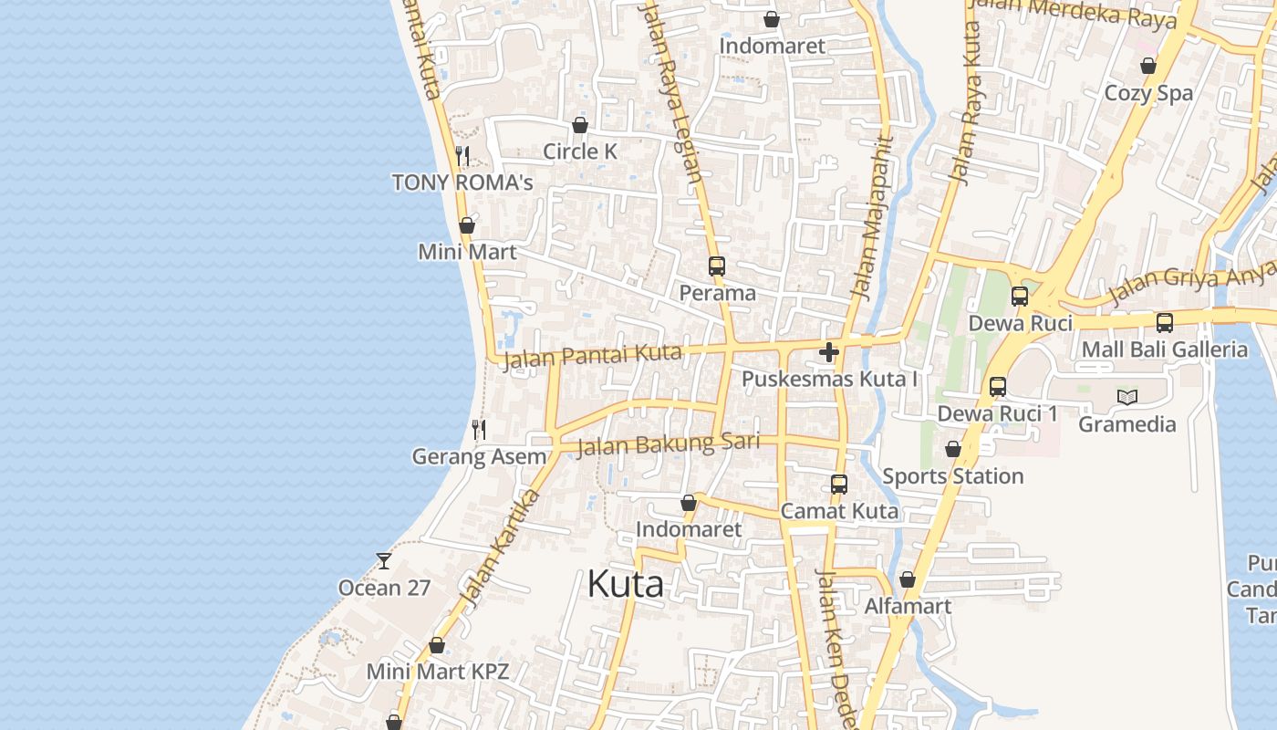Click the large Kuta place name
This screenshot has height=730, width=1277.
625,584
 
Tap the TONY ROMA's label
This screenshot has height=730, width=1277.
462,182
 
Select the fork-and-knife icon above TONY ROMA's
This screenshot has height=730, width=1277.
462,156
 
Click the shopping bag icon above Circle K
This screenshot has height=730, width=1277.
580,125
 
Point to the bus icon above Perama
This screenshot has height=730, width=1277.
717,266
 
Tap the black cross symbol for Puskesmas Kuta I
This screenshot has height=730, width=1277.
829,352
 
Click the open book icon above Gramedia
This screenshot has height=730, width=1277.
1127,397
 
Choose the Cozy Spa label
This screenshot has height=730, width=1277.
1148,93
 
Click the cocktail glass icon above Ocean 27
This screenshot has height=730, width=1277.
384,560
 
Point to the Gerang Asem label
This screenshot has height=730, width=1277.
479,456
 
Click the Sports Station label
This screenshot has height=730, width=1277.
952,476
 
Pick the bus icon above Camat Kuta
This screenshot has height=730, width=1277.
839,485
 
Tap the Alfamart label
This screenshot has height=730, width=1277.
908,606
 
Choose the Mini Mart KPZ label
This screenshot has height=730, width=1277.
437,672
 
